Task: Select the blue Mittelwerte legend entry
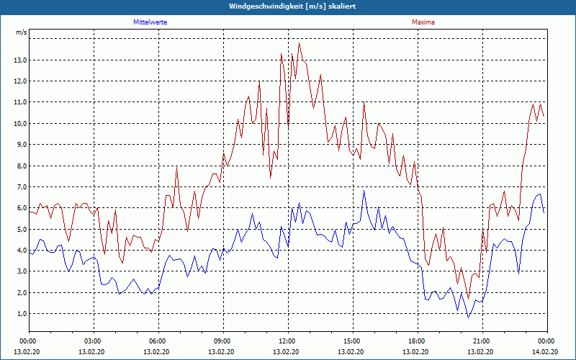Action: click(150, 22)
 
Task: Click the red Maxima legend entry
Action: click(423, 22)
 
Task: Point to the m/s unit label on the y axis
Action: click(22, 32)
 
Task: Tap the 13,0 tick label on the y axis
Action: click(20, 60)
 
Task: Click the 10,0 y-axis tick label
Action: click(20, 123)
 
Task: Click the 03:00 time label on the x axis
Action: click(93, 341)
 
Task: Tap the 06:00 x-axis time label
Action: click(158, 341)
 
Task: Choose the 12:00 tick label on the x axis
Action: click(287, 341)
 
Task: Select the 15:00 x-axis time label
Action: click(351, 341)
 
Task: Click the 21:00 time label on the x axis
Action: click(481, 341)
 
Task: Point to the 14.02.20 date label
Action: click(546, 352)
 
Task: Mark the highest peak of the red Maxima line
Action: click(299, 43)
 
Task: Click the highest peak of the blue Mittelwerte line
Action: click(364, 191)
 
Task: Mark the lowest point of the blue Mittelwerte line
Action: click(468, 318)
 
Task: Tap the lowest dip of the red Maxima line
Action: click(468, 298)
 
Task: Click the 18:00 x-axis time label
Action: click(416, 341)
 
